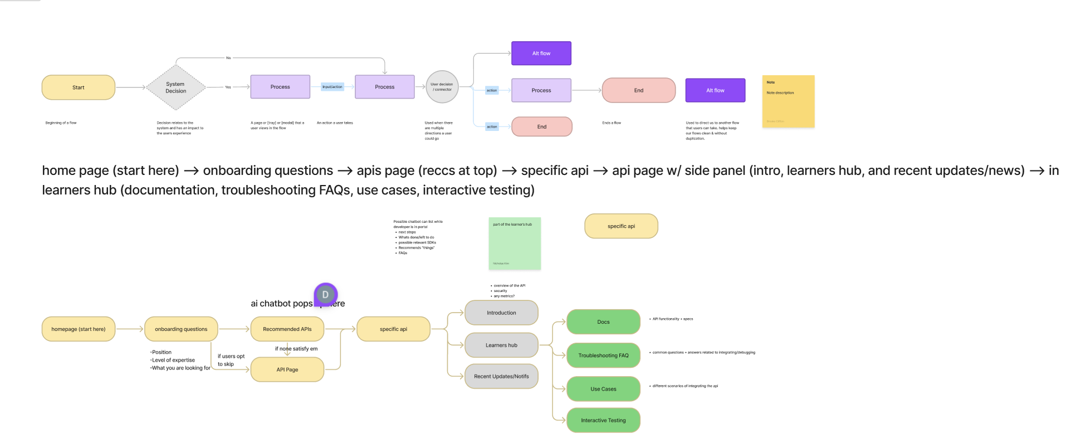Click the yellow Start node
coord(79,87)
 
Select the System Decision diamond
coord(176,87)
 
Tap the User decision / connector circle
coord(442,87)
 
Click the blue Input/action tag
coord(332,86)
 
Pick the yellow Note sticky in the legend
coord(788,101)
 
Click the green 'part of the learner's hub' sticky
coord(515,244)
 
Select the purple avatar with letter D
coord(326,294)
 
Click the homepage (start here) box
coord(79,329)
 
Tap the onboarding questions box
coord(181,329)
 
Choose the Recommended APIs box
coord(287,329)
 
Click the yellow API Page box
coord(287,369)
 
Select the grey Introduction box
coord(501,313)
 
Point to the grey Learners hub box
coord(501,345)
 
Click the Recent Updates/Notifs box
coord(501,376)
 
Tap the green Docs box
coord(603,322)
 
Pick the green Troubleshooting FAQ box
coord(603,355)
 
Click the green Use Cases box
coord(603,389)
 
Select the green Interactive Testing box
coord(603,420)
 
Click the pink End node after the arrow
coord(639,90)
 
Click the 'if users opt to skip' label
coord(231,360)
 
